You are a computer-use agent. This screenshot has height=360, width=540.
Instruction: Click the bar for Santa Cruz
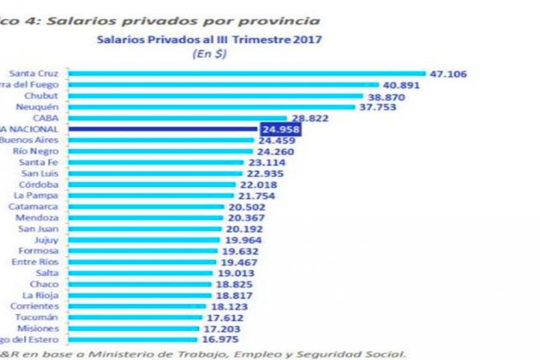click(x=247, y=74)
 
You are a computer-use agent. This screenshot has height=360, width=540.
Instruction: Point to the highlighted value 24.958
click(x=281, y=129)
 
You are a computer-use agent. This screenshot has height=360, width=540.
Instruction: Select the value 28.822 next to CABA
click(x=311, y=118)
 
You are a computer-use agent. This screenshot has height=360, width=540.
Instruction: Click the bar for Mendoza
click(x=148, y=217)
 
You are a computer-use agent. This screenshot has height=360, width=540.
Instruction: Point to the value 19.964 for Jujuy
click(x=244, y=240)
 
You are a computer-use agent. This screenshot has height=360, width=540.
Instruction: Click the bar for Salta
click(x=141, y=273)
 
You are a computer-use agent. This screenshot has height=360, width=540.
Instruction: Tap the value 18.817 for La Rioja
click(x=235, y=296)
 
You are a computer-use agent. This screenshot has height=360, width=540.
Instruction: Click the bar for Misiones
click(x=133, y=329)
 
